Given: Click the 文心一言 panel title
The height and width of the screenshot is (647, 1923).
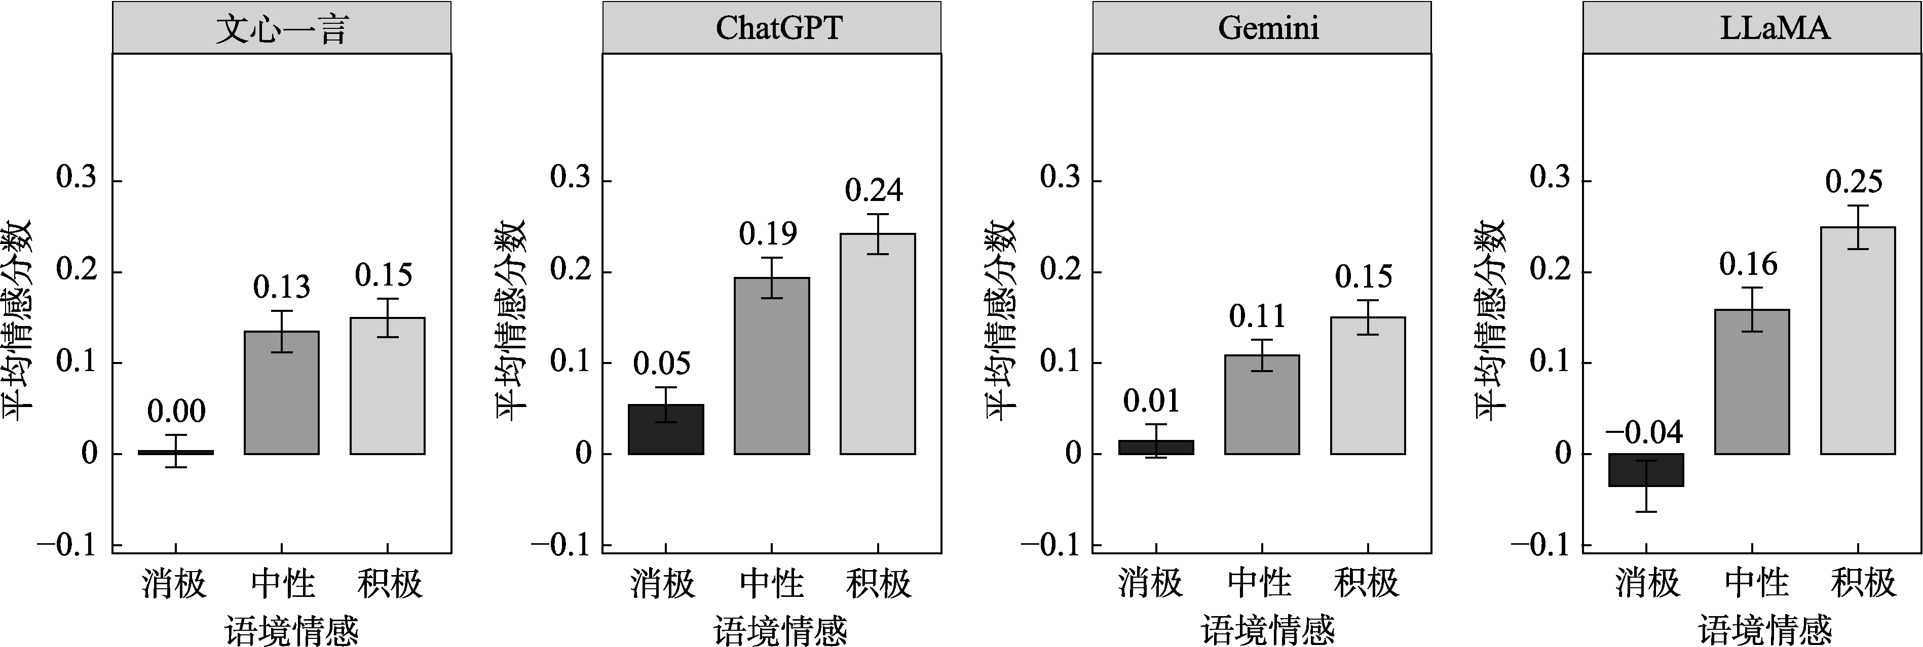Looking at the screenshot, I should coord(281,28).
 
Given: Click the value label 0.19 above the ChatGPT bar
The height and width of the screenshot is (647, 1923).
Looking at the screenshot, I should coord(768,234).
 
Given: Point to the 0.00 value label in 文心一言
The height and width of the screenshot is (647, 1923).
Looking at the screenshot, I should coord(176,411).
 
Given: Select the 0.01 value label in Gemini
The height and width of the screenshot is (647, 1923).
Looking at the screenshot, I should coord(1151,401).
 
